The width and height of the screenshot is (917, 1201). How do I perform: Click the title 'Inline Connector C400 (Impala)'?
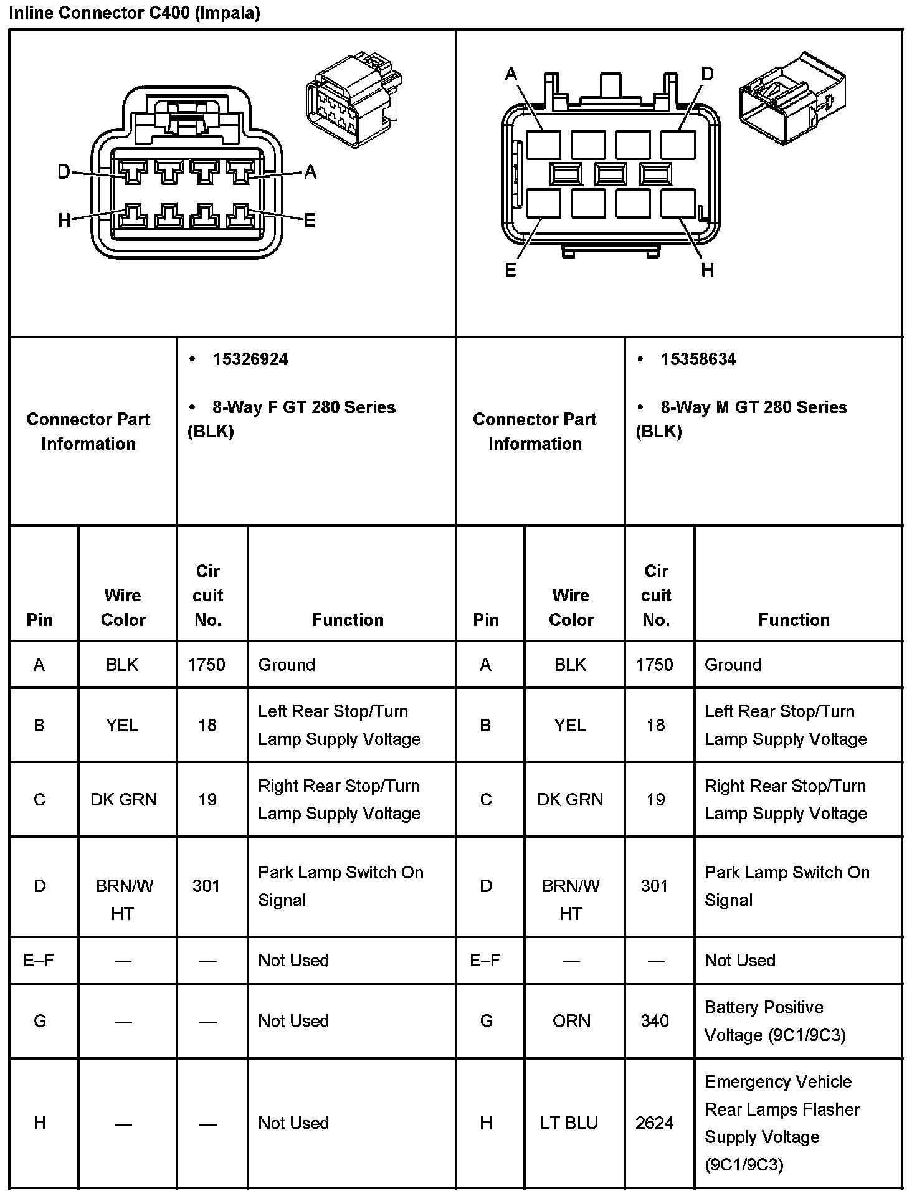click(x=134, y=13)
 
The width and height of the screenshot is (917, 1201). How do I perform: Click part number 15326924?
click(x=250, y=359)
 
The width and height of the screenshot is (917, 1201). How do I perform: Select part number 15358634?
click(x=698, y=359)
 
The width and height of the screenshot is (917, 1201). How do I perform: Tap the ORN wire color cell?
click(x=571, y=1021)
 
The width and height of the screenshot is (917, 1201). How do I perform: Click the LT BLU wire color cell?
click(x=569, y=1123)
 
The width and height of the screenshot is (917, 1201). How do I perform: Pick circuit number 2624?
click(x=654, y=1123)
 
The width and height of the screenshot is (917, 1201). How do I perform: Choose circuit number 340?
click(x=654, y=1021)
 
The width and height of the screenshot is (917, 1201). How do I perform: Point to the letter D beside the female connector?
click(x=64, y=171)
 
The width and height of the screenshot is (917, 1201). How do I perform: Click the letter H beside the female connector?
click(x=64, y=220)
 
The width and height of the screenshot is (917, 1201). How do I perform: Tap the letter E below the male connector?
click(x=510, y=270)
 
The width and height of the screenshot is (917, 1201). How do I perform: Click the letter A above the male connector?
click(x=511, y=75)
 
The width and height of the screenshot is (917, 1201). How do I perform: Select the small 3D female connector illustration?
click(x=353, y=100)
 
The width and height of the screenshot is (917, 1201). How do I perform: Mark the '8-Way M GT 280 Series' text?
click(x=753, y=407)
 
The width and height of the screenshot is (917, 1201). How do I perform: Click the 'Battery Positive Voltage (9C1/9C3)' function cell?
click(x=775, y=1021)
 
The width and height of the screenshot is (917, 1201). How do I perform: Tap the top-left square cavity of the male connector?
click(x=543, y=145)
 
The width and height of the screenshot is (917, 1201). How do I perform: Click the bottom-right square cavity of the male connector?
click(x=678, y=204)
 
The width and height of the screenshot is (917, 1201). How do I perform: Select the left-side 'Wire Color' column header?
click(x=123, y=607)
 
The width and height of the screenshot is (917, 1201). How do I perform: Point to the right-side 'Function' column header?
click(x=794, y=620)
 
